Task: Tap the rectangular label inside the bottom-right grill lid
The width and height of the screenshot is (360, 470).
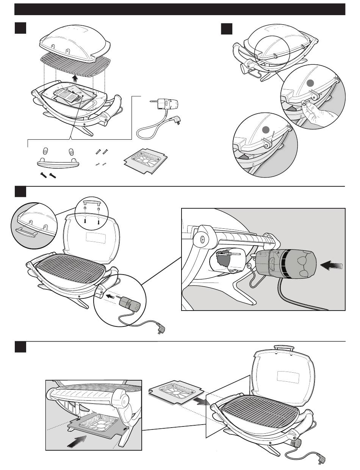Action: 285,376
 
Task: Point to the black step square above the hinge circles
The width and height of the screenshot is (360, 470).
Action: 227,28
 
